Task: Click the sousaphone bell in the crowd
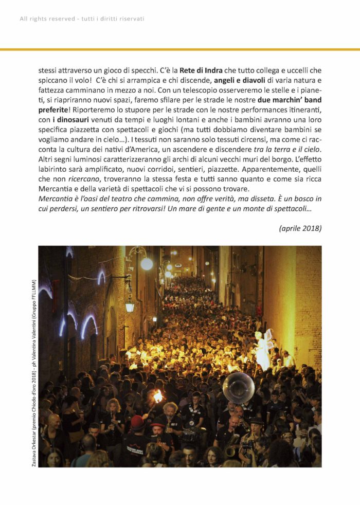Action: click(x=239, y=388)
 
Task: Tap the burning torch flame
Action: click(x=157, y=396)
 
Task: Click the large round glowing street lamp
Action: click(x=147, y=264)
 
